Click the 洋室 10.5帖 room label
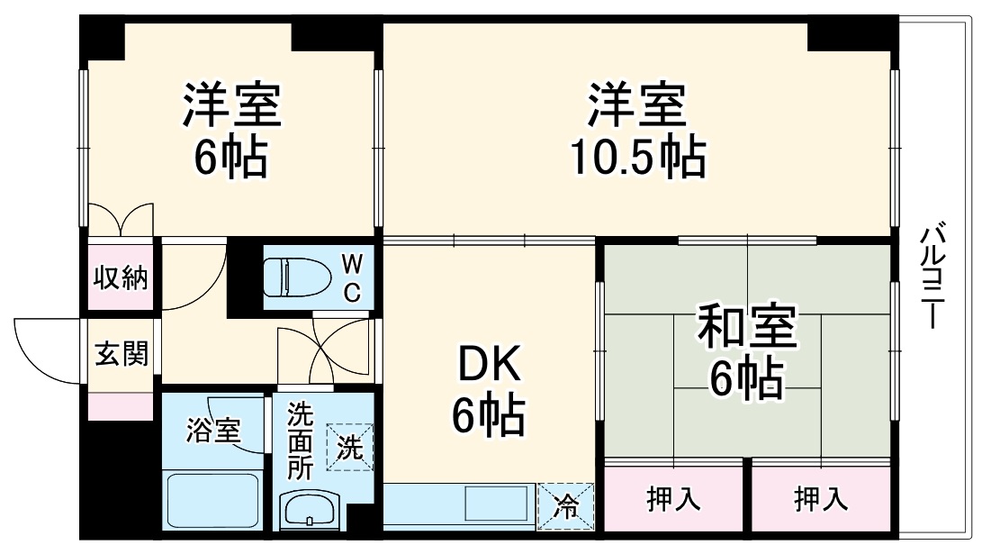click(x=637, y=131)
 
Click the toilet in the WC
click(x=297, y=277)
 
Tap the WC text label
click(x=352, y=277)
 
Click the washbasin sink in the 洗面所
click(x=310, y=512)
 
